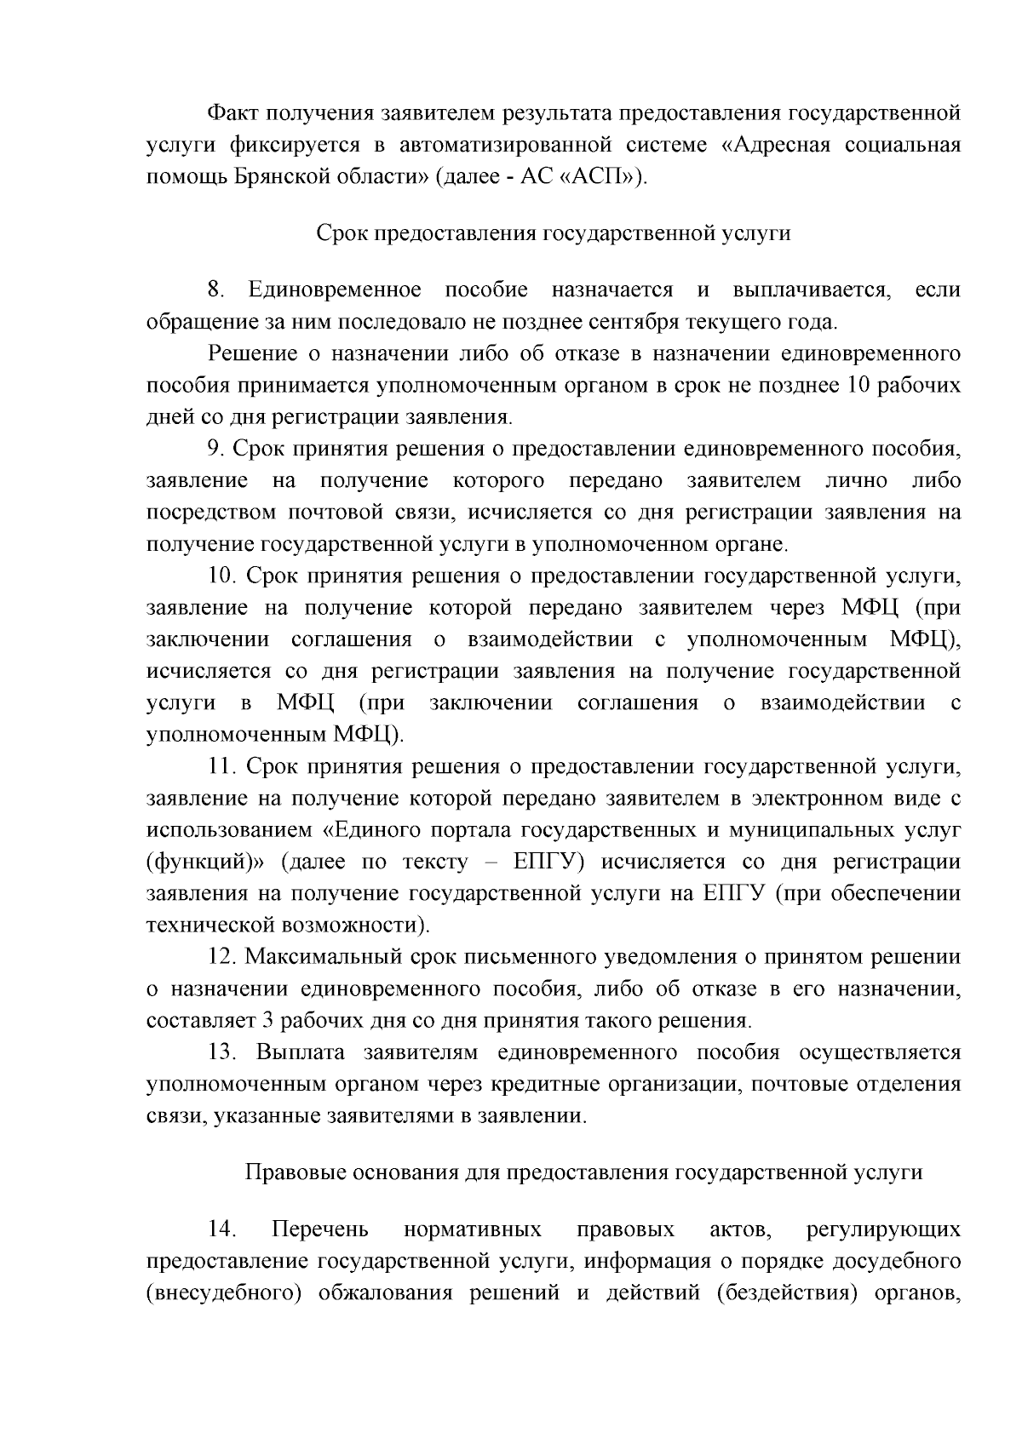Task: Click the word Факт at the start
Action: pos(233,113)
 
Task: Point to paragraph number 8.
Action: pos(216,290)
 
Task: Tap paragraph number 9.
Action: pos(216,450)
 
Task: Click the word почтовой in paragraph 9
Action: pos(324,513)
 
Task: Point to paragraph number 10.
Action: pos(221,576)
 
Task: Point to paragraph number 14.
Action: pos(221,1229)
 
